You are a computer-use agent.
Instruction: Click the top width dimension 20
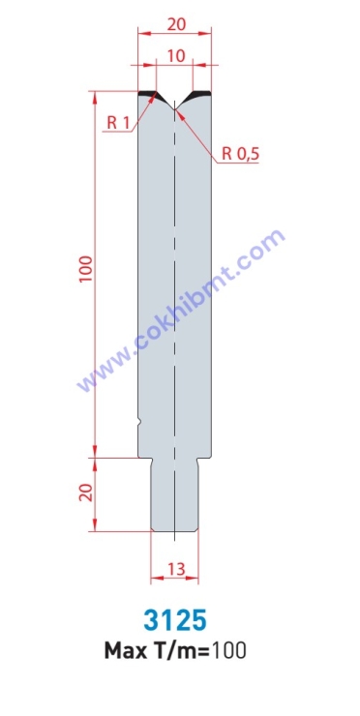[176, 24]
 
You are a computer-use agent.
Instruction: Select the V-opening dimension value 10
[175, 56]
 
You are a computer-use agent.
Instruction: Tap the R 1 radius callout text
[118, 122]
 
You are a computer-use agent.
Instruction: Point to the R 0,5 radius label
[240, 155]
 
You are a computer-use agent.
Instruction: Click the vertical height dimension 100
[86, 269]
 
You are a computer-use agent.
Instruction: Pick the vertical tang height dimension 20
[86, 492]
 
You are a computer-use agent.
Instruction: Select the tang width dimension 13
[175, 569]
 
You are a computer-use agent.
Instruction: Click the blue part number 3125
[175, 620]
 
